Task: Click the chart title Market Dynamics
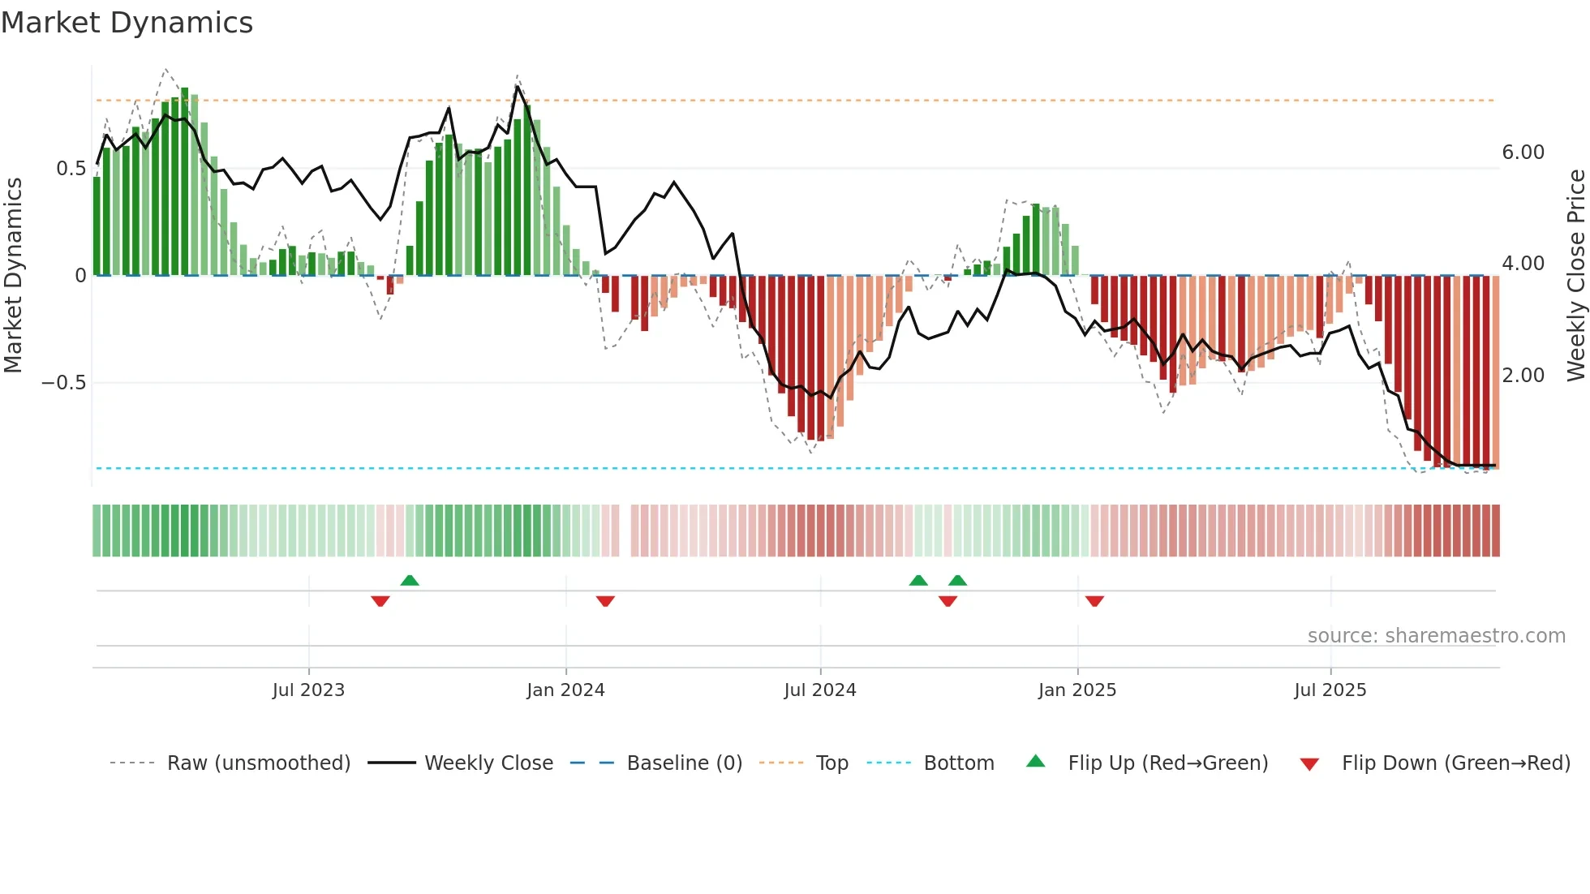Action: pyautogui.click(x=127, y=23)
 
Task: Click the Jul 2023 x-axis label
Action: pyautogui.click(x=308, y=690)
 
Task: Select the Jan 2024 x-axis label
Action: pyautogui.click(x=565, y=690)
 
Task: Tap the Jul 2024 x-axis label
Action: pyautogui.click(x=820, y=690)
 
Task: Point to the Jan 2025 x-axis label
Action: pyautogui.click(x=1077, y=690)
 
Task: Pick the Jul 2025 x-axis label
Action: pyautogui.click(x=1330, y=690)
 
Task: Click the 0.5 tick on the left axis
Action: pyautogui.click(x=71, y=169)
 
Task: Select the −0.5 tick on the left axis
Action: pyautogui.click(x=64, y=383)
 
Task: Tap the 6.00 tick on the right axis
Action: pyautogui.click(x=1523, y=153)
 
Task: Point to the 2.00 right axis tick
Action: pyautogui.click(x=1523, y=376)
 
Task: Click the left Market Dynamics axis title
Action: pyautogui.click(x=13, y=276)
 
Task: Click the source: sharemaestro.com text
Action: pyautogui.click(x=1436, y=636)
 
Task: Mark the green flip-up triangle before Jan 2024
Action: pyautogui.click(x=410, y=581)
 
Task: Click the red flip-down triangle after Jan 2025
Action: pyautogui.click(x=1094, y=601)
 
